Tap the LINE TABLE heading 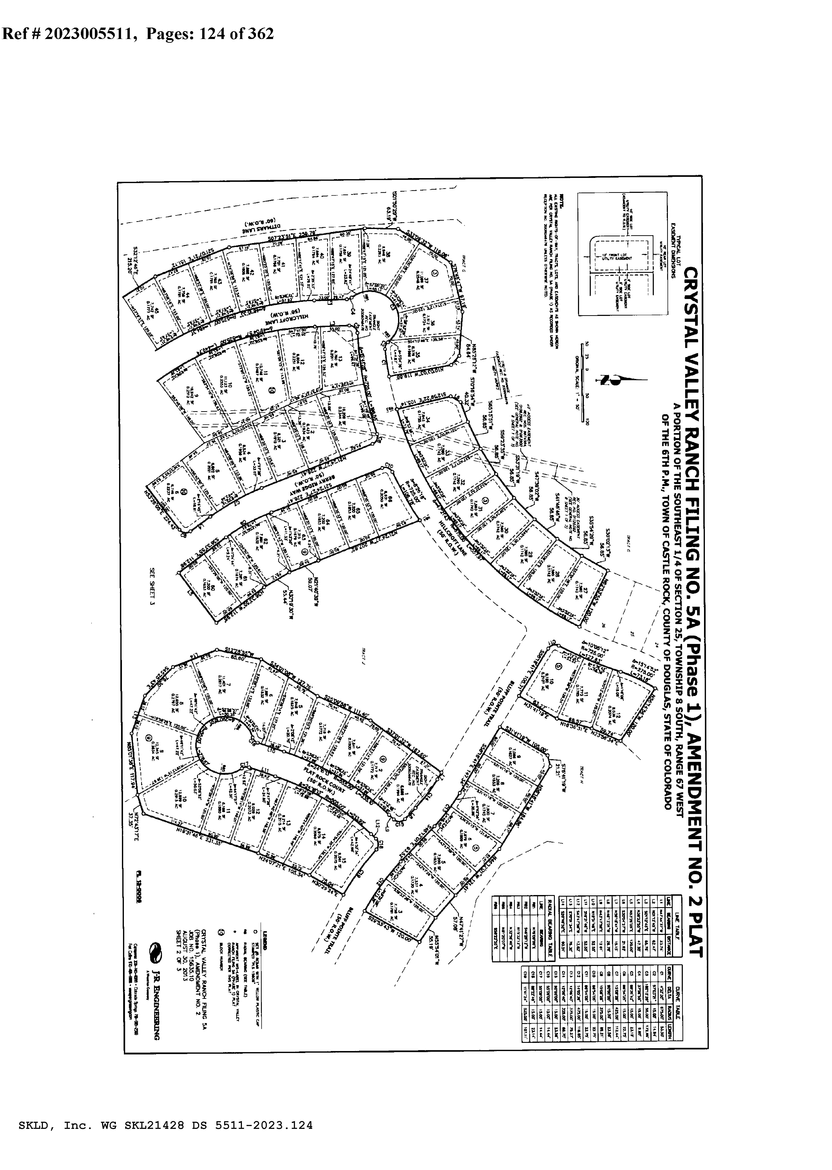point(677,920)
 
